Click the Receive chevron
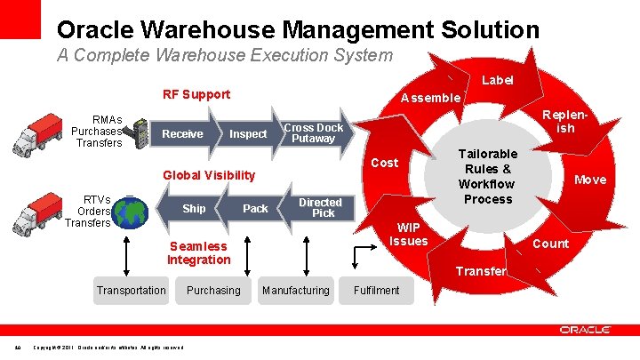tap(183, 133)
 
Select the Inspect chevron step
tap(248, 133)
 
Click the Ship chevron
tap(194, 209)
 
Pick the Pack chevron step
tap(255, 209)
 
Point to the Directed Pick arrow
tap(318, 208)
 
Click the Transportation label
tap(132, 290)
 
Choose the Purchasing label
tap(213, 290)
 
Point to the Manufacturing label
tap(295, 290)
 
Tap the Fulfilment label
tap(377, 290)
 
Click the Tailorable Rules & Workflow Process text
tap(488, 176)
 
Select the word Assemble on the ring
tap(430, 98)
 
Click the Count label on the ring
tap(550, 244)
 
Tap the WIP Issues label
tap(409, 235)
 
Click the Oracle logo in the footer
tap(585, 331)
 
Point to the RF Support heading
tap(196, 94)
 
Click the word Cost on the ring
tap(384, 163)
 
